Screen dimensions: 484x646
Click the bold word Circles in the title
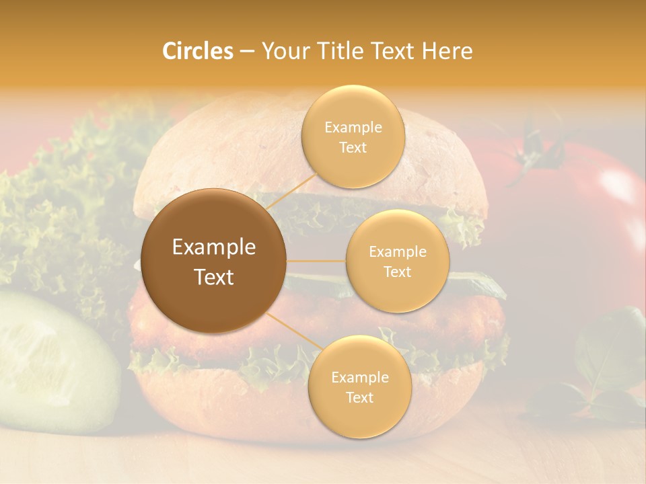pos(197,51)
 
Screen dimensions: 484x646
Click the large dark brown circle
pos(213,261)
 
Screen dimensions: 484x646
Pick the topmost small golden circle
pos(353,136)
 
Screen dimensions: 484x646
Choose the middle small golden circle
pos(397,261)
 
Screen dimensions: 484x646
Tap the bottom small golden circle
pos(359,387)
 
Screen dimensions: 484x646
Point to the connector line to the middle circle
pos(316,261)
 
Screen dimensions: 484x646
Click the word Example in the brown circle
pos(213,247)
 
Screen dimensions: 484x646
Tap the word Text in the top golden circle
pos(353,148)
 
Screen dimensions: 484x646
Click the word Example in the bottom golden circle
pos(359,378)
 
